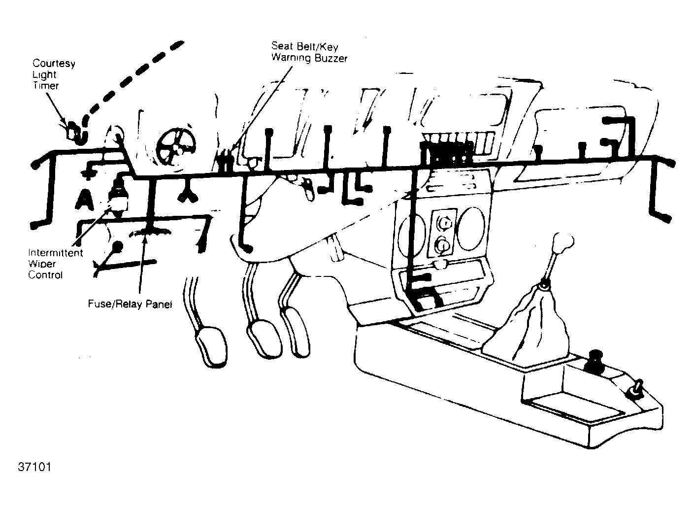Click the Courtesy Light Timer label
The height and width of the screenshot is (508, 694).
tap(54, 74)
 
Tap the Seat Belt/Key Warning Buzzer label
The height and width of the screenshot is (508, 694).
tap(309, 52)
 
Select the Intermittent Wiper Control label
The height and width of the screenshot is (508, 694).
tap(56, 264)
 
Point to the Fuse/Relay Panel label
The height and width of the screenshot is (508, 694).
tap(130, 304)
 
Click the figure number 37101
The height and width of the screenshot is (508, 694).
tap(34, 467)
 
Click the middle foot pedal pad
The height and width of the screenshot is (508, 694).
tap(264, 339)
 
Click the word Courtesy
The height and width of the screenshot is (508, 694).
tap(54, 64)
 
